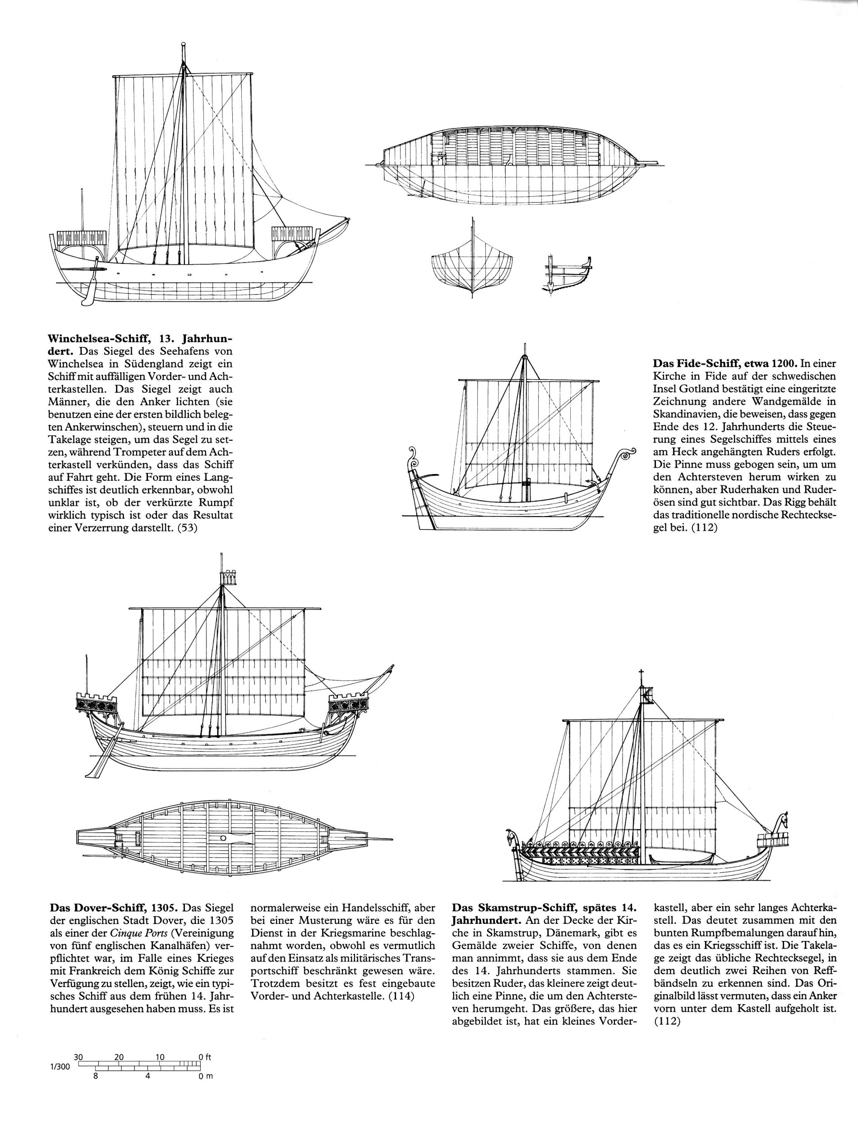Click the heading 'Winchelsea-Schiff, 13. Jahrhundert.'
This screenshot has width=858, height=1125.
click(140, 340)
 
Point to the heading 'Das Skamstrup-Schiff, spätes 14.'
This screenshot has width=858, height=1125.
click(544, 908)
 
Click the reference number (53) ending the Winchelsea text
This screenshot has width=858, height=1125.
click(187, 528)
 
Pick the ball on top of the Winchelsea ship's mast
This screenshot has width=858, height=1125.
click(183, 45)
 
